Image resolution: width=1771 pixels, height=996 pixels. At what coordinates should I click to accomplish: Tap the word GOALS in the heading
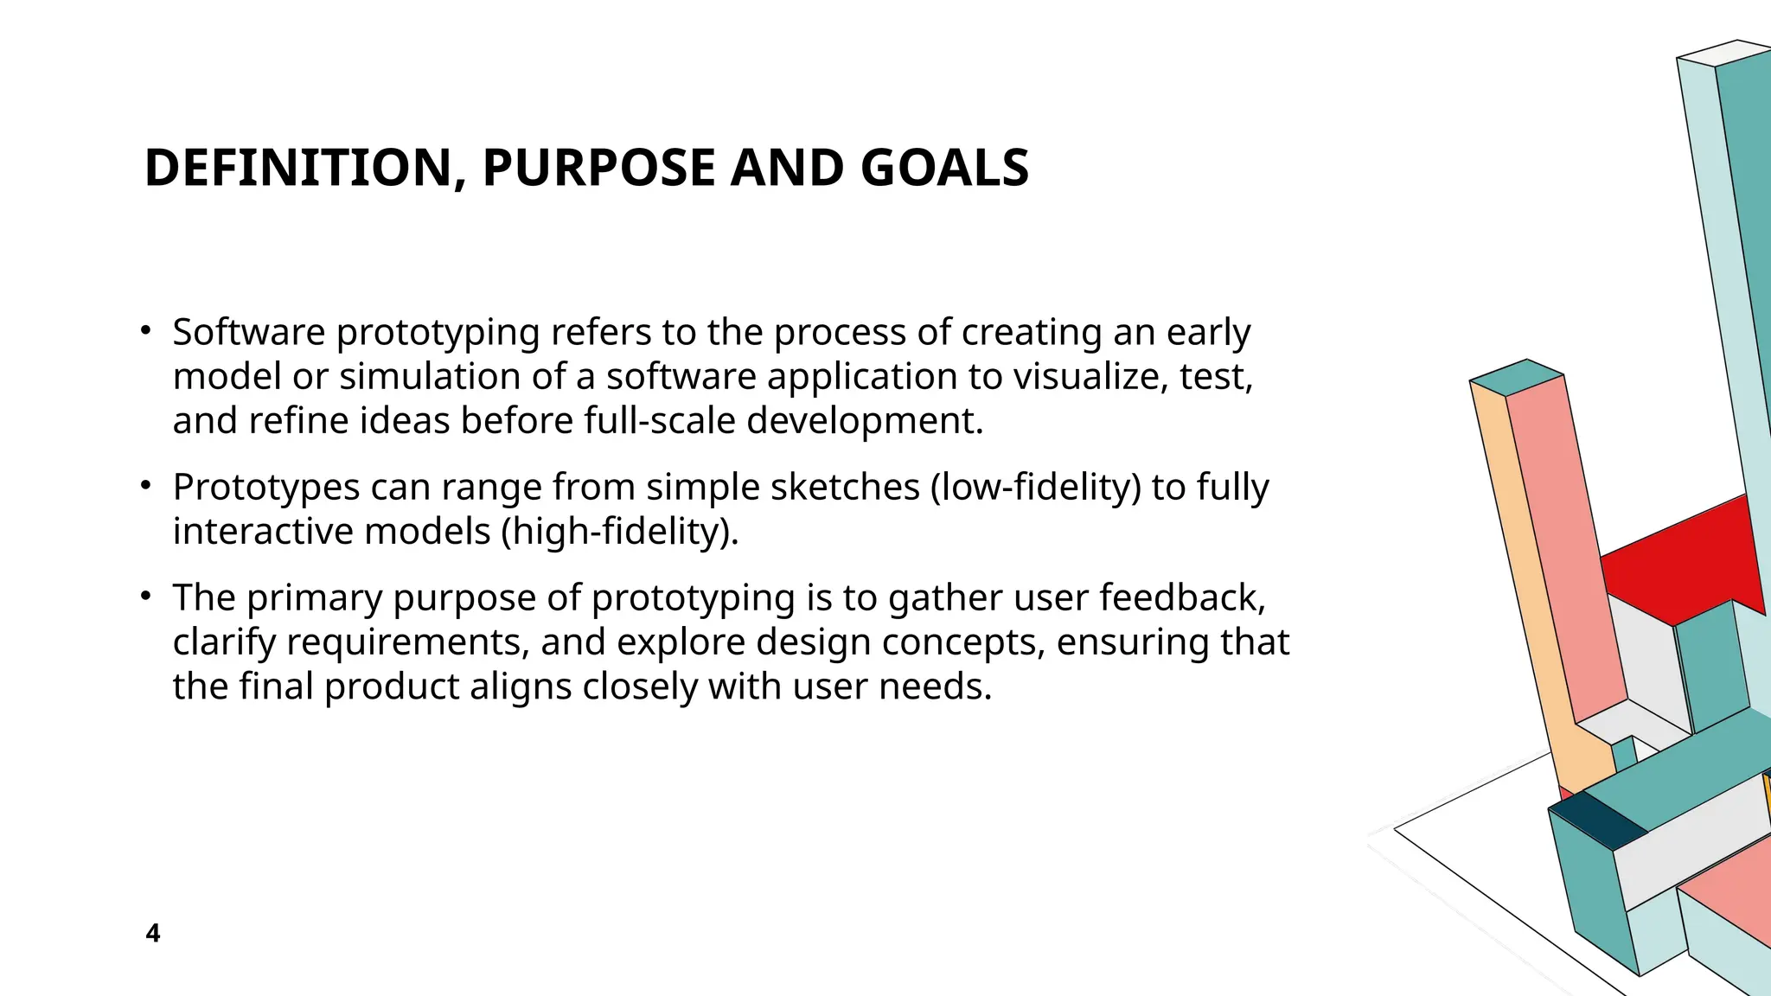coord(944,168)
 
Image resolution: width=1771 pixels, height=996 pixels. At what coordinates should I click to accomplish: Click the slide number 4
coord(153,934)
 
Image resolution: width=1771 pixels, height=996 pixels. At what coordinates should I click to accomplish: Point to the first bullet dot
coord(147,329)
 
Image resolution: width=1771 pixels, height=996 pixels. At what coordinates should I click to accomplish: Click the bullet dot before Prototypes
coord(147,484)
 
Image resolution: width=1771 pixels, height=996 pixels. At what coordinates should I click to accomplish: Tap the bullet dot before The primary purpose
coord(147,595)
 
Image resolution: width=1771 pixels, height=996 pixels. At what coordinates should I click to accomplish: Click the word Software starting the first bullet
coord(249,333)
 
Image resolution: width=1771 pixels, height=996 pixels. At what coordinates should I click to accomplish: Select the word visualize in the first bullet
coord(1090,377)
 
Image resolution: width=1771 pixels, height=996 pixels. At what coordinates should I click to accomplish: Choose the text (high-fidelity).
coord(620,532)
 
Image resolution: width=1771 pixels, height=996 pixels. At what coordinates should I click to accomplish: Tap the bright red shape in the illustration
coord(1678,562)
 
